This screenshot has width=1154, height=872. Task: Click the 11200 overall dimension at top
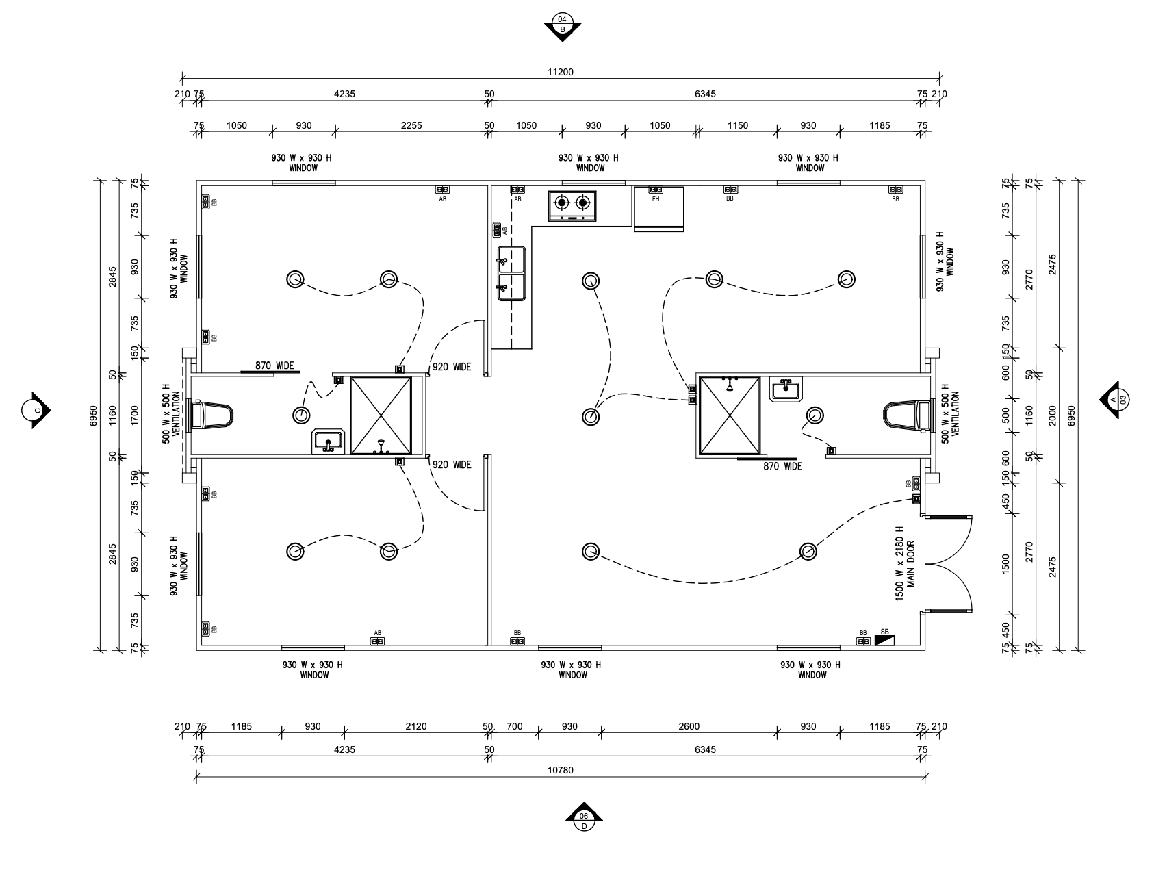coord(560,72)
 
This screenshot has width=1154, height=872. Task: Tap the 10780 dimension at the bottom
coord(560,769)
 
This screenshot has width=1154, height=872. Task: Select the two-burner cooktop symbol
coord(572,205)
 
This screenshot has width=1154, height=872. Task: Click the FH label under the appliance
coord(656,199)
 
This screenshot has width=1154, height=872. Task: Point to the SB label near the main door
coord(884,632)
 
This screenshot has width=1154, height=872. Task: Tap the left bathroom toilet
coord(212,415)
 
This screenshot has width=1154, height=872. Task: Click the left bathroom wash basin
coord(329,441)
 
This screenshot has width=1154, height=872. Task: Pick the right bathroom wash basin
coord(786,389)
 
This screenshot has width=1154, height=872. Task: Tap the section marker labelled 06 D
coord(584,817)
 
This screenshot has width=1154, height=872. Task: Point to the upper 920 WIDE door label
coord(452,367)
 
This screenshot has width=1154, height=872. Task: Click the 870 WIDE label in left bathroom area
coord(274,366)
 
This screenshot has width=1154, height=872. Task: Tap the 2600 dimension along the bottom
coord(689,726)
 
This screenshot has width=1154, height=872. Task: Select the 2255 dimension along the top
coord(411,125)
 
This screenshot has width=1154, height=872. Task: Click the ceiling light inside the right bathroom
coord(815,415)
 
